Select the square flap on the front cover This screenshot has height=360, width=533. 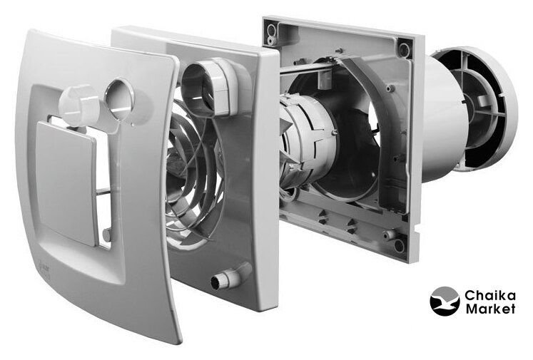tap(66, 184)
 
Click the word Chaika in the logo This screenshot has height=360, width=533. tap(489, 295)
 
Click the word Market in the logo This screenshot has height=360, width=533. tap(489, 309)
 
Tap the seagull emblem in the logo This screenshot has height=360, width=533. tap(445, 301)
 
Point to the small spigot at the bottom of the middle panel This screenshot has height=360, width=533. tap(228, 277)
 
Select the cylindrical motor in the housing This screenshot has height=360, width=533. tap(306, 142)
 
